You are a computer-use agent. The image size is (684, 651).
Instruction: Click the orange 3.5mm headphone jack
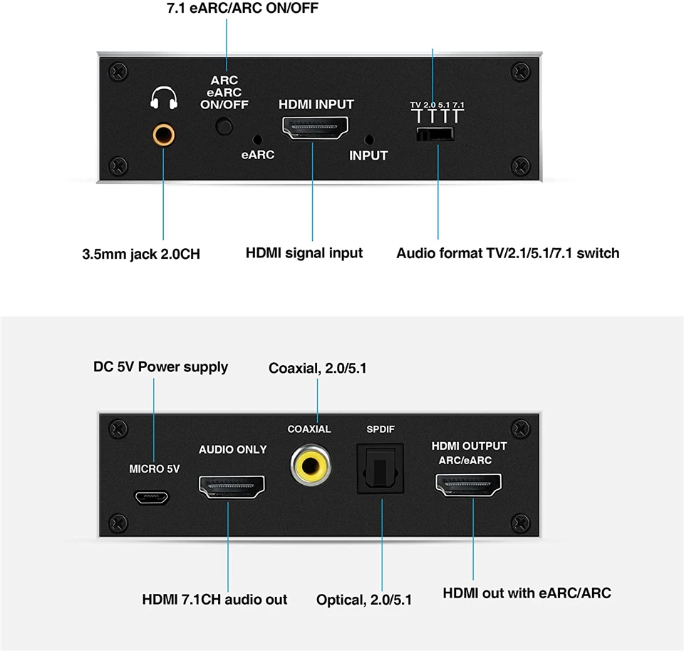point(163,133)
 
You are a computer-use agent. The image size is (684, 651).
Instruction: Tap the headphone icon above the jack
point(163,98)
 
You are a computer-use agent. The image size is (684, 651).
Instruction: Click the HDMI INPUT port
point(315,129)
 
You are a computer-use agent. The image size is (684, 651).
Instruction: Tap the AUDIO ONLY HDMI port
point(232,489)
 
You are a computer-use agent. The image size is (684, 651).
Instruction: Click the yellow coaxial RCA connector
point(310,466)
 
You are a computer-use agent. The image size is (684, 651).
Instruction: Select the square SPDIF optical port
point(380,468)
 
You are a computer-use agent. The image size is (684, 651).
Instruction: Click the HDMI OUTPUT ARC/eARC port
point(468,488)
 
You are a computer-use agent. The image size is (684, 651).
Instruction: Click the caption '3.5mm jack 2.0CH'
point(141,254)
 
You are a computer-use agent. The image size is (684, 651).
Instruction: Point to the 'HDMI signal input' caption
point(304,253)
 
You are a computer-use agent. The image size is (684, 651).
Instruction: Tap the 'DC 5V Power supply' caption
point(160,367)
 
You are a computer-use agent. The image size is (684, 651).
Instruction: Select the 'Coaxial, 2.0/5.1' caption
point(318,369)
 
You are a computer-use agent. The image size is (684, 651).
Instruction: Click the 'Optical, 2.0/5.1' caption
point(364,600)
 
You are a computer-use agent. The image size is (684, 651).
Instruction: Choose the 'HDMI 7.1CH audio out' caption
point(214,599)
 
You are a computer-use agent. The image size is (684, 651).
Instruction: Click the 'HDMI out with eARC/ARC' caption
point(527,593)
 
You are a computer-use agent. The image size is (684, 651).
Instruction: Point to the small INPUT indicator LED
point(368,139)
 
